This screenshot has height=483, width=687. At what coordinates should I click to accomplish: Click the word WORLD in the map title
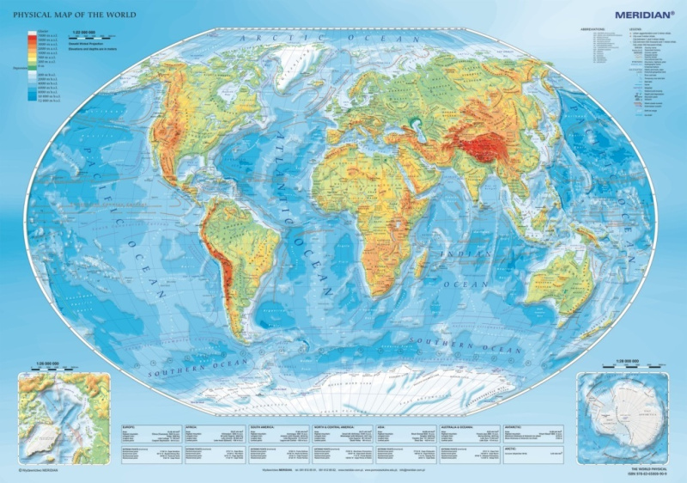tap(107, 14)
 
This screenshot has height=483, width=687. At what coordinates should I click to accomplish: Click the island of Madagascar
tap(421, 259)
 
